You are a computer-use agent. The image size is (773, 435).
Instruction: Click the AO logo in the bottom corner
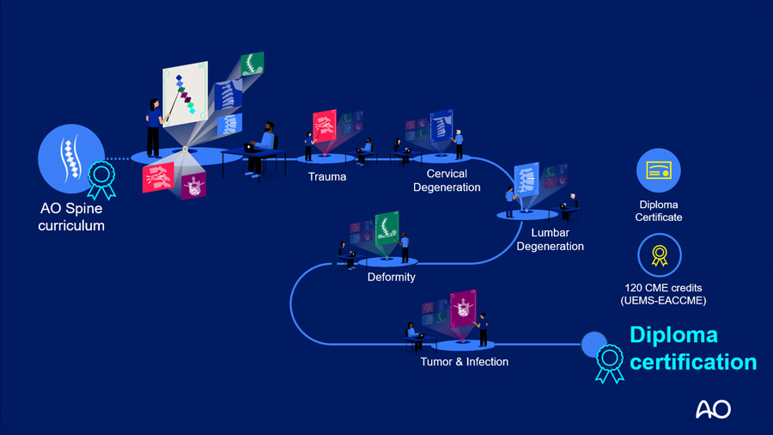click(x=713, y=408)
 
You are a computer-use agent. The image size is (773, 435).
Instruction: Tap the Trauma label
click(x=327, y=177)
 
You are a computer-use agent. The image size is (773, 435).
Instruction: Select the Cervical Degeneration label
click(x=447, y=181)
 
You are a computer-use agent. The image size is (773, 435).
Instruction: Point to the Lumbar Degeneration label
click(x=550, y=240)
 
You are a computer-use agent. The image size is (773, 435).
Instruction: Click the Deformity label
click(x=391, y=277)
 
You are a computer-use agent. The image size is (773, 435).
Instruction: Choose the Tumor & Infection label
click(x=464, y=362)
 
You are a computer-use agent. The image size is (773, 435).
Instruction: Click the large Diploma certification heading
click(x=692, y=348)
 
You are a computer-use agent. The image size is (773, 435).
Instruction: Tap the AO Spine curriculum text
click(x=71, y=217)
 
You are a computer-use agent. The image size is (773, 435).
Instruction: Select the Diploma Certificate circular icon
click(x=659, y=170)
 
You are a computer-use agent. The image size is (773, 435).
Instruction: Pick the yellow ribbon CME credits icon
click(x=659, y=255)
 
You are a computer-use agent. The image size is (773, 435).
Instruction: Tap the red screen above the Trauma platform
click(x=324, y=126)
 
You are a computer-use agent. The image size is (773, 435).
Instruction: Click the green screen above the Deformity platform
click(x=386, y=230)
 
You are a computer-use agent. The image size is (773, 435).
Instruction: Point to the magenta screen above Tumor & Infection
click(x=463, y=309)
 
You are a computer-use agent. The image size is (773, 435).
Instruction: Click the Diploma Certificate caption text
click(x=659, y=211)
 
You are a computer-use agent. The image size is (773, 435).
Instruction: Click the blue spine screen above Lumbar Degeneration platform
click(x=526, y=181)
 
